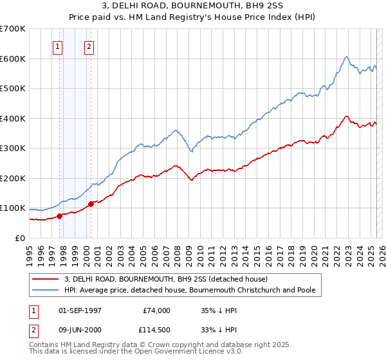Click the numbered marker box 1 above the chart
tap(58, 46)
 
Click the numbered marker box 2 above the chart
tap(89, 46)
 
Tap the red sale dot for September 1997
tap(59, 216)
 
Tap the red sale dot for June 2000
tap(91, 204)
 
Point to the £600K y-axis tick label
tap(12, 59)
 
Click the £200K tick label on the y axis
tap(12, 178)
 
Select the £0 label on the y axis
tap(21, 238)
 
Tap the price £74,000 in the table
tap(158, 310)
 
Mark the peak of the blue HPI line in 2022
tap(346, 57)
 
